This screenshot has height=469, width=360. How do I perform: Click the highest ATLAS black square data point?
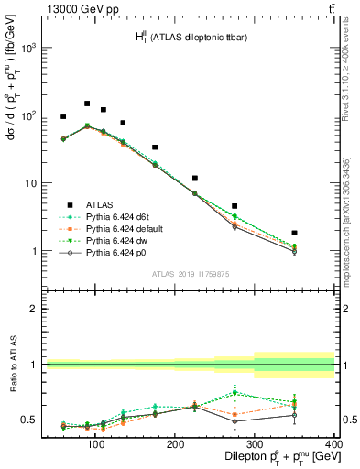87,104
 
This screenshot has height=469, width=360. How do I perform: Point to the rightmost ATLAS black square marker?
320,233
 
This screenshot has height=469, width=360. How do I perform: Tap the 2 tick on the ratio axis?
35,309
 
